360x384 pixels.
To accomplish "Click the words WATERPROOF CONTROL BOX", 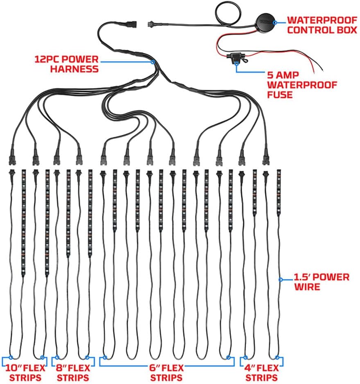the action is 322,25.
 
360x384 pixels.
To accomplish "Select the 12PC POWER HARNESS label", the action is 66,64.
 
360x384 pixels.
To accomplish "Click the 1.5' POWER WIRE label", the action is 322,282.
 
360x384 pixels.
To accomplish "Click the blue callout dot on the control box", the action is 275,23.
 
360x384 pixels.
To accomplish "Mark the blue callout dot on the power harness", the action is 153,62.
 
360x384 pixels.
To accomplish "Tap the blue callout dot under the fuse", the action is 236,64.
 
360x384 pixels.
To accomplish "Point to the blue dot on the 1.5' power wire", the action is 281,280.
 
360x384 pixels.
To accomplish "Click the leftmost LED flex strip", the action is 23,223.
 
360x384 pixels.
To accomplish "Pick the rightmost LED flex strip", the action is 278,192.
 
